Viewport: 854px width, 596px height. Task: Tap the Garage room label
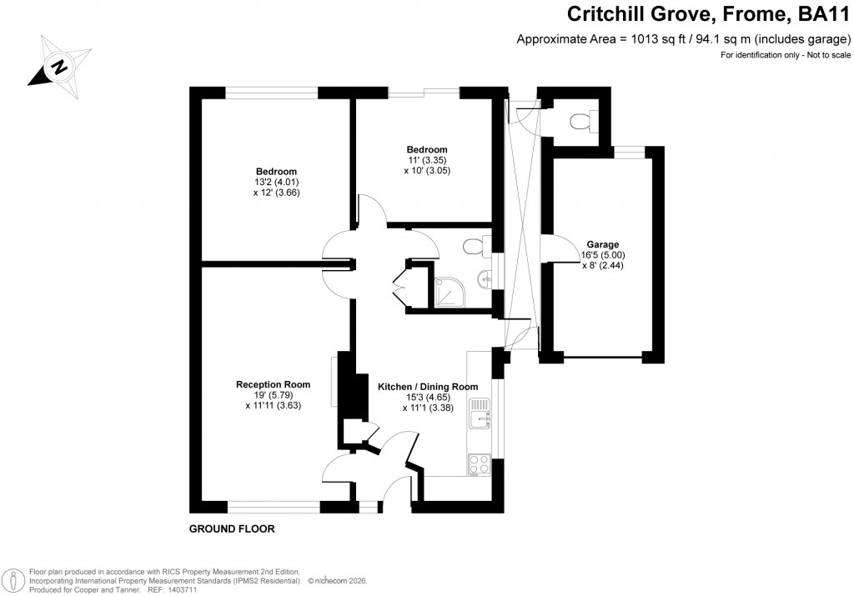click(602, 244)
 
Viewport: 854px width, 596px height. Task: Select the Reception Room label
click(273, 384)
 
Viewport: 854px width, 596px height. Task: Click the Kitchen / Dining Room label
click(428, 387)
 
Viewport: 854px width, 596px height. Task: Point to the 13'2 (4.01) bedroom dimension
click(276, 182)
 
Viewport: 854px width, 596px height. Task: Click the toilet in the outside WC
click(581, 122)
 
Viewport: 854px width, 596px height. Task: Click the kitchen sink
click(480, 414)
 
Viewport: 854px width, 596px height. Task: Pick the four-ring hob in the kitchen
click(479, 463)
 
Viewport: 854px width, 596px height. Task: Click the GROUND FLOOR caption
click(232, 529)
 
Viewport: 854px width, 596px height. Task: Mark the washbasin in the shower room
click(484, 277)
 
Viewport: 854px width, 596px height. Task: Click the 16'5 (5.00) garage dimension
click(602, 255)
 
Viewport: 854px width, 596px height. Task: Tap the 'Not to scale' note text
click(825, 55)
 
